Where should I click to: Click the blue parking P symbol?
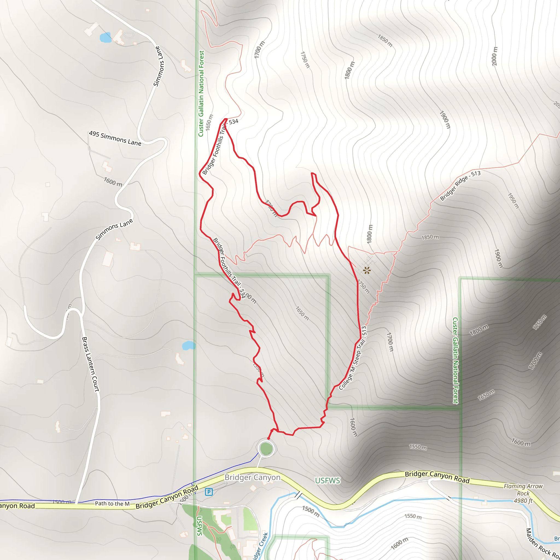[209, 492]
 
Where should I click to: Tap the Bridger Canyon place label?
[252, 477]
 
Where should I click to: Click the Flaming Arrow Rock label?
[523, 489]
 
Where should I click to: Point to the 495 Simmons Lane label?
[115, 138]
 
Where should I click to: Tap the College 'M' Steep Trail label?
[352, 358]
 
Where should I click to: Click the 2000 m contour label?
[495, 56]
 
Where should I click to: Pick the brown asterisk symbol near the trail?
[367, 270]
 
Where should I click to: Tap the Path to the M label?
[112, 503]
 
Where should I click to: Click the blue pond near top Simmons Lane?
[105, 37]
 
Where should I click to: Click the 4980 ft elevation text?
[523, 501]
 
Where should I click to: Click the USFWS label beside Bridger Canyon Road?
[327, 481]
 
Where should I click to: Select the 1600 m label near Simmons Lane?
[113, 182]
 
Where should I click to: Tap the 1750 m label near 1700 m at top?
[305, 60]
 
